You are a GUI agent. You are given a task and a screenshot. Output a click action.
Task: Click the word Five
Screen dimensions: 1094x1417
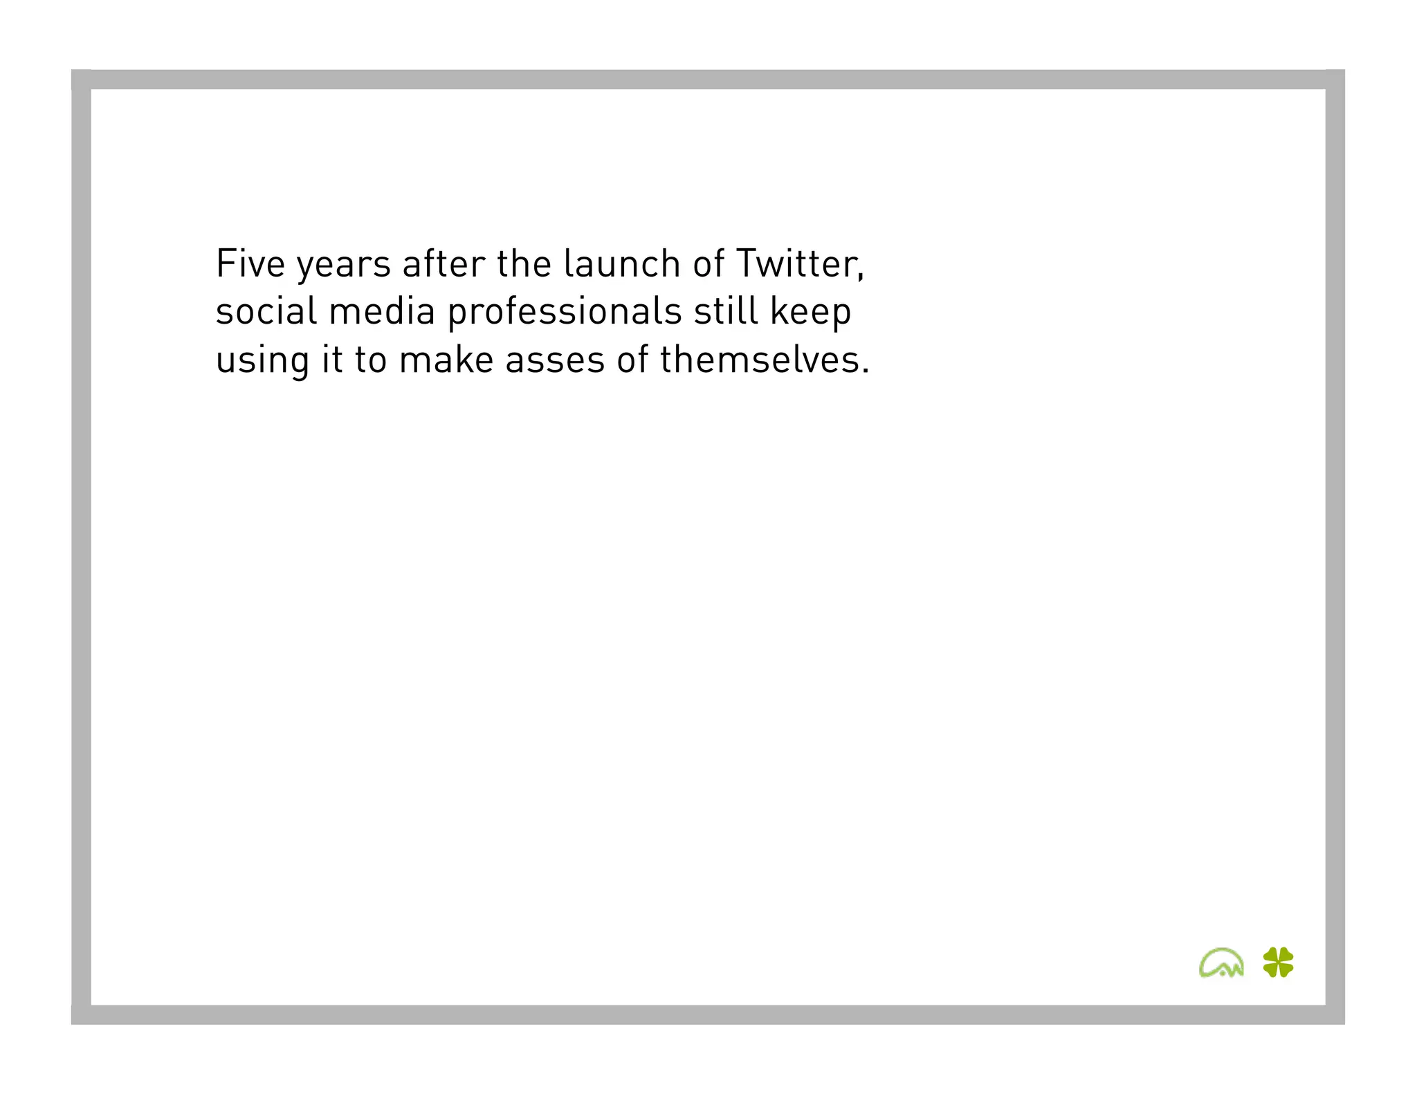tap(250, 263)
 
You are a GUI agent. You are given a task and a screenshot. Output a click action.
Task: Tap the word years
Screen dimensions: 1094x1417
tap(344, 266)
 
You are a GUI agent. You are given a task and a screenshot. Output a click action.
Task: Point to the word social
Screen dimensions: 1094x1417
tap(266, 311)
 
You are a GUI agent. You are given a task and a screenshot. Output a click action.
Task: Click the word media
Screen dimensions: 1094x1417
tap(381, 311)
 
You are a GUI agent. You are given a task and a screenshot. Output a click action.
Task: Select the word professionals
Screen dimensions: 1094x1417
tap(565, 313)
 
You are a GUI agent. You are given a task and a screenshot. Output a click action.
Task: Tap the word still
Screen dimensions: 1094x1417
tap(726, 311)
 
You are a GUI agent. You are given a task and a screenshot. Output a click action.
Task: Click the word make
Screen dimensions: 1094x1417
tap(446, 360)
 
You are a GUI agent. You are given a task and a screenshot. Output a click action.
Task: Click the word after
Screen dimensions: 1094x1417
tap(444, 263)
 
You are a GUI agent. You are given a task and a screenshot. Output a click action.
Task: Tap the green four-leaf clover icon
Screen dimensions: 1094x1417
tap(1278, 962)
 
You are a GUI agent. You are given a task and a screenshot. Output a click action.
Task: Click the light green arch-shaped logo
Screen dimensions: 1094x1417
tap(1221, 963)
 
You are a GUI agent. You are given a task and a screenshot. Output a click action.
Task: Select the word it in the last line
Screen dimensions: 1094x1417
tap(332, 360)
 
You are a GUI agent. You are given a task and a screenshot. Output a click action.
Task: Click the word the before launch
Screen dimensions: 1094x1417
tap(524, 263)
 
